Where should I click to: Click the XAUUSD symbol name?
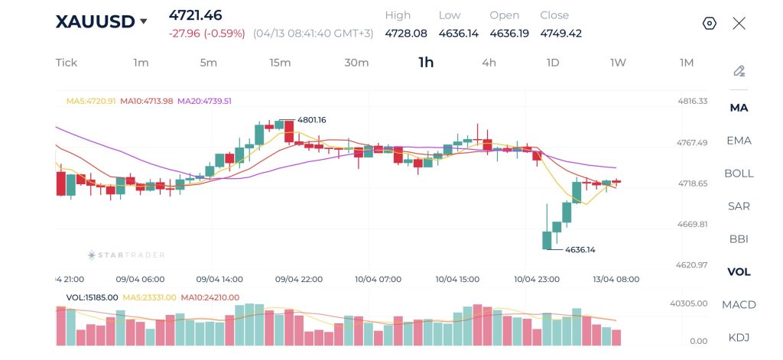[x=94, y=21]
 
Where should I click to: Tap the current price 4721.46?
[x=196, y=15]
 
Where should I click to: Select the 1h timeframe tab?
[x=426, y=63]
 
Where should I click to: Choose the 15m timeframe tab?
[x=280, y=63]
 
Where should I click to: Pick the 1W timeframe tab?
[x=618, y=63]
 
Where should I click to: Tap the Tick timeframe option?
[x=67, y=63]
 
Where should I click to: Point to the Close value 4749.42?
[x=560, y=33]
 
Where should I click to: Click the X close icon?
[x=739, y=23]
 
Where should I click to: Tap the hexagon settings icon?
[x=710, y=23]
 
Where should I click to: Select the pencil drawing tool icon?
[x=739, y=71]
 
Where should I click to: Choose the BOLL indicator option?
[x=739, y=174]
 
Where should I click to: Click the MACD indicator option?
[x=739, y=305]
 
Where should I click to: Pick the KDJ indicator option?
[x=739, y=338]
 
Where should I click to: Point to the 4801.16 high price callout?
[x=311, y=120]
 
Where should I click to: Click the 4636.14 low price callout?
[x=580, y=249]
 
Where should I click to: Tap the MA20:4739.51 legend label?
[x=204, y=101]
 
